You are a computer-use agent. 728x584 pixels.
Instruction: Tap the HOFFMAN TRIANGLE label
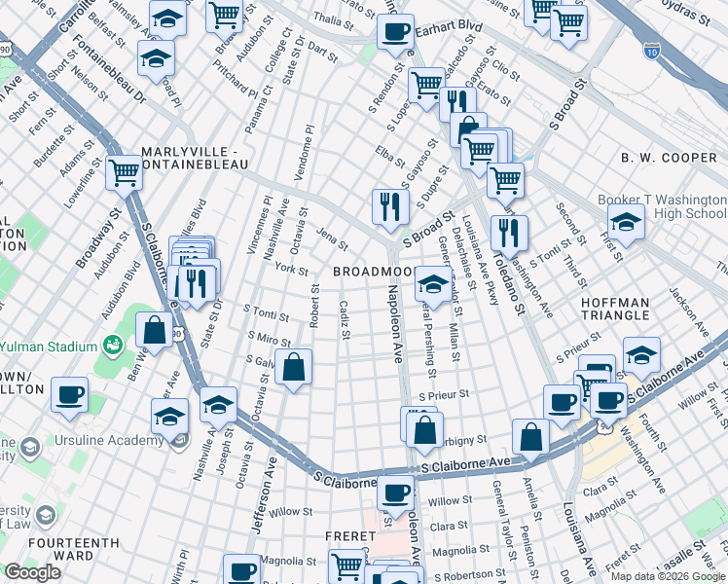[x=628, y=309]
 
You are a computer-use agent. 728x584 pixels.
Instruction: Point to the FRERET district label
[x=351, y=536]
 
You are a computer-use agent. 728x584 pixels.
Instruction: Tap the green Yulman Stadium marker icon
[x=114, y=345]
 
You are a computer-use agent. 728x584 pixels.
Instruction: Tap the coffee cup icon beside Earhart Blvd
[x=395, y=31]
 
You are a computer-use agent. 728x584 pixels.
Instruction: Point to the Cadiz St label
[x=345, y=319]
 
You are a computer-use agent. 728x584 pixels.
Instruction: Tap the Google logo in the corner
[x=31, y=572]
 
